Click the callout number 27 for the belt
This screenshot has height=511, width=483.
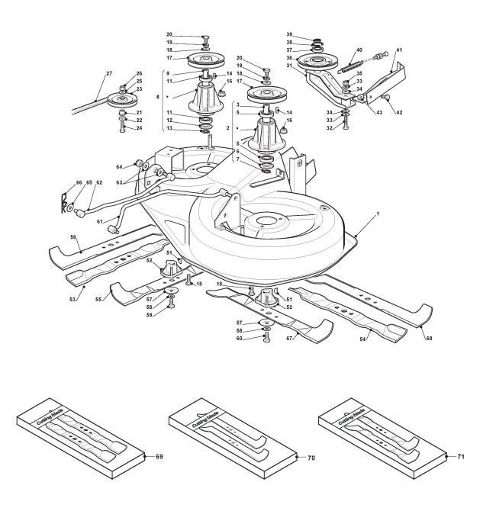pos(108,73)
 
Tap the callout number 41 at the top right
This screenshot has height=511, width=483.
pos(399,50)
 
